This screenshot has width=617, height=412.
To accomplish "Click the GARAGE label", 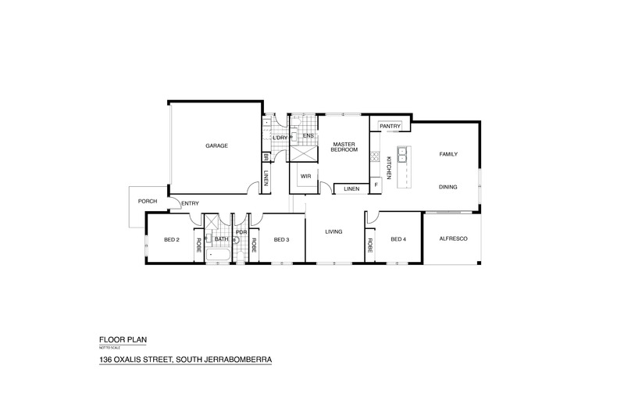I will [x=216, y=146].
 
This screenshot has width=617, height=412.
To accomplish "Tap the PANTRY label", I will [x=389, y=127].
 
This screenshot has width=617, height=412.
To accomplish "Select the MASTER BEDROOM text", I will [x=344, y=147].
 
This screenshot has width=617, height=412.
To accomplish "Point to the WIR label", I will [x=305, y=176].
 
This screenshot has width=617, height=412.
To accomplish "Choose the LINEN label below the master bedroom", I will [x=351, y=189].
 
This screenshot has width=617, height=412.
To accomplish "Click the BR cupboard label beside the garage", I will [x=266, y=156].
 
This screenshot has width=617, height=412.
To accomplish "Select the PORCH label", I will [x=148, y=201].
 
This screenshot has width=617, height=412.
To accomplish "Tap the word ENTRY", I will [x=191, y=204].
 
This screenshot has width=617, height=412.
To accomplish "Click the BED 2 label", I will [x=172, y=239].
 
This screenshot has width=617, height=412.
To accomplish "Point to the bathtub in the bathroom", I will [x=219, y=256].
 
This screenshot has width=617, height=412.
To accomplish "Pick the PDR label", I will [x=241, y=232].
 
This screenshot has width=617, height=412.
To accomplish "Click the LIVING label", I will [x=335, y=231].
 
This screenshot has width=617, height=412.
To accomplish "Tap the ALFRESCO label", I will [x=453, y=238].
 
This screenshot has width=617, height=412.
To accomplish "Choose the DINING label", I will [x=448, y=187].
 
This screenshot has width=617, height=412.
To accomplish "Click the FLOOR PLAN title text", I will [x=122, y=340].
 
